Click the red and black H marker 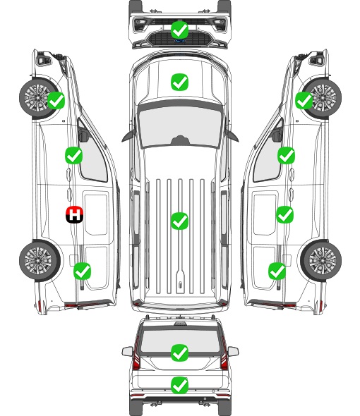coord(74,214)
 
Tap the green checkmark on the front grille coord(179,30)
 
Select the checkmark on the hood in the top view coord(179,82)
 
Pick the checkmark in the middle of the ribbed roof coord(179,221)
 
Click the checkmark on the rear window coord(179,353)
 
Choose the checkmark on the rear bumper coord(179,385)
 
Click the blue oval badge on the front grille coord(179,41)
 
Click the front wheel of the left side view coord(37,98)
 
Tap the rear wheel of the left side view coord(39,260)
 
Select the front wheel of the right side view coord(323,98)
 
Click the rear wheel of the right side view coord(321,260)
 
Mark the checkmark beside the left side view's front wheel coord(56,100)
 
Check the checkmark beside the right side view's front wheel coord(304,100)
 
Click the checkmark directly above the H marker coord(73,155)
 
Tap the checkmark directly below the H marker coord(82,271)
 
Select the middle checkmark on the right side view coord(284,214)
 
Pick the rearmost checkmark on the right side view coord(277,271)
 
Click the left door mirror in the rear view coord(127,351)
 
